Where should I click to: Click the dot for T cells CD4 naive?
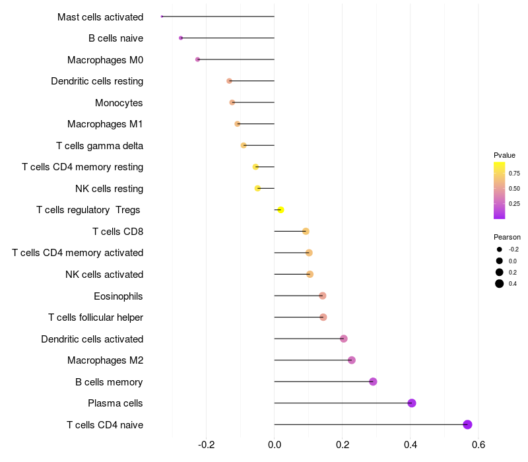point(467,424)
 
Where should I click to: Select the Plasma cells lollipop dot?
point(412,403)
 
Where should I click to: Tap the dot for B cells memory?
point(373,381)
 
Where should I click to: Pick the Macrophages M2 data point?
point(352,360)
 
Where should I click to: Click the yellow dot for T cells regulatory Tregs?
point(280,210)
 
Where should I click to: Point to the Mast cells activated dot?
point(162,16)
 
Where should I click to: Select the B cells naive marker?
point(181,38)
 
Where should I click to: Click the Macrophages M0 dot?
point(197,59)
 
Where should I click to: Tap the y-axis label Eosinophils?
point(118,296)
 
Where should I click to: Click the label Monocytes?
point(119,102)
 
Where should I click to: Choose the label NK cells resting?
point(109,189)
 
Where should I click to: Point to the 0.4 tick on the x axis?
point(411,445)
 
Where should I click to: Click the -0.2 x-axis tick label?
point(207,445)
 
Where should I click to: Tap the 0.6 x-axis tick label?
point(478,445)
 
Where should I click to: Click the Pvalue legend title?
point(504,155)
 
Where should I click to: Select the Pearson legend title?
point(507,237)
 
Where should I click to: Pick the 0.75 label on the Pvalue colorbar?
point(514,174)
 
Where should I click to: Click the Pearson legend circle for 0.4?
point(500,284)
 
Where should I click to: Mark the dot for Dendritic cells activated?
point(343,339)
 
